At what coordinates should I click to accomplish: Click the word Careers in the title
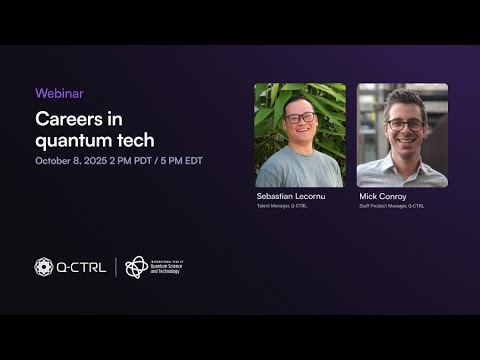tap(66, 118)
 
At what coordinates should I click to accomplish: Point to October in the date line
tap(53, 161)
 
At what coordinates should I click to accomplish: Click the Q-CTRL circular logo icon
tap(44, 267)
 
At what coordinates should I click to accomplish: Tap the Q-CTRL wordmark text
tap(82, 267)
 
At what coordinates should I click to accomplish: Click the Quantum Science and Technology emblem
tap(136, 267)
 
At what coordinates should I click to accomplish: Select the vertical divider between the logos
tap(116, 267)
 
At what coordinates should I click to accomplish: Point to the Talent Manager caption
tap(281, 206)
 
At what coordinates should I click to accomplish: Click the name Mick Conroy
tap(382, 197)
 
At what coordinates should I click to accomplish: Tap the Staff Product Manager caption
tap(391, 206)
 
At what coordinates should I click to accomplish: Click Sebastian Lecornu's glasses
tap(300, 118)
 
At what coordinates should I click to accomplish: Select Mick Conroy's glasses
tap(404, 124)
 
